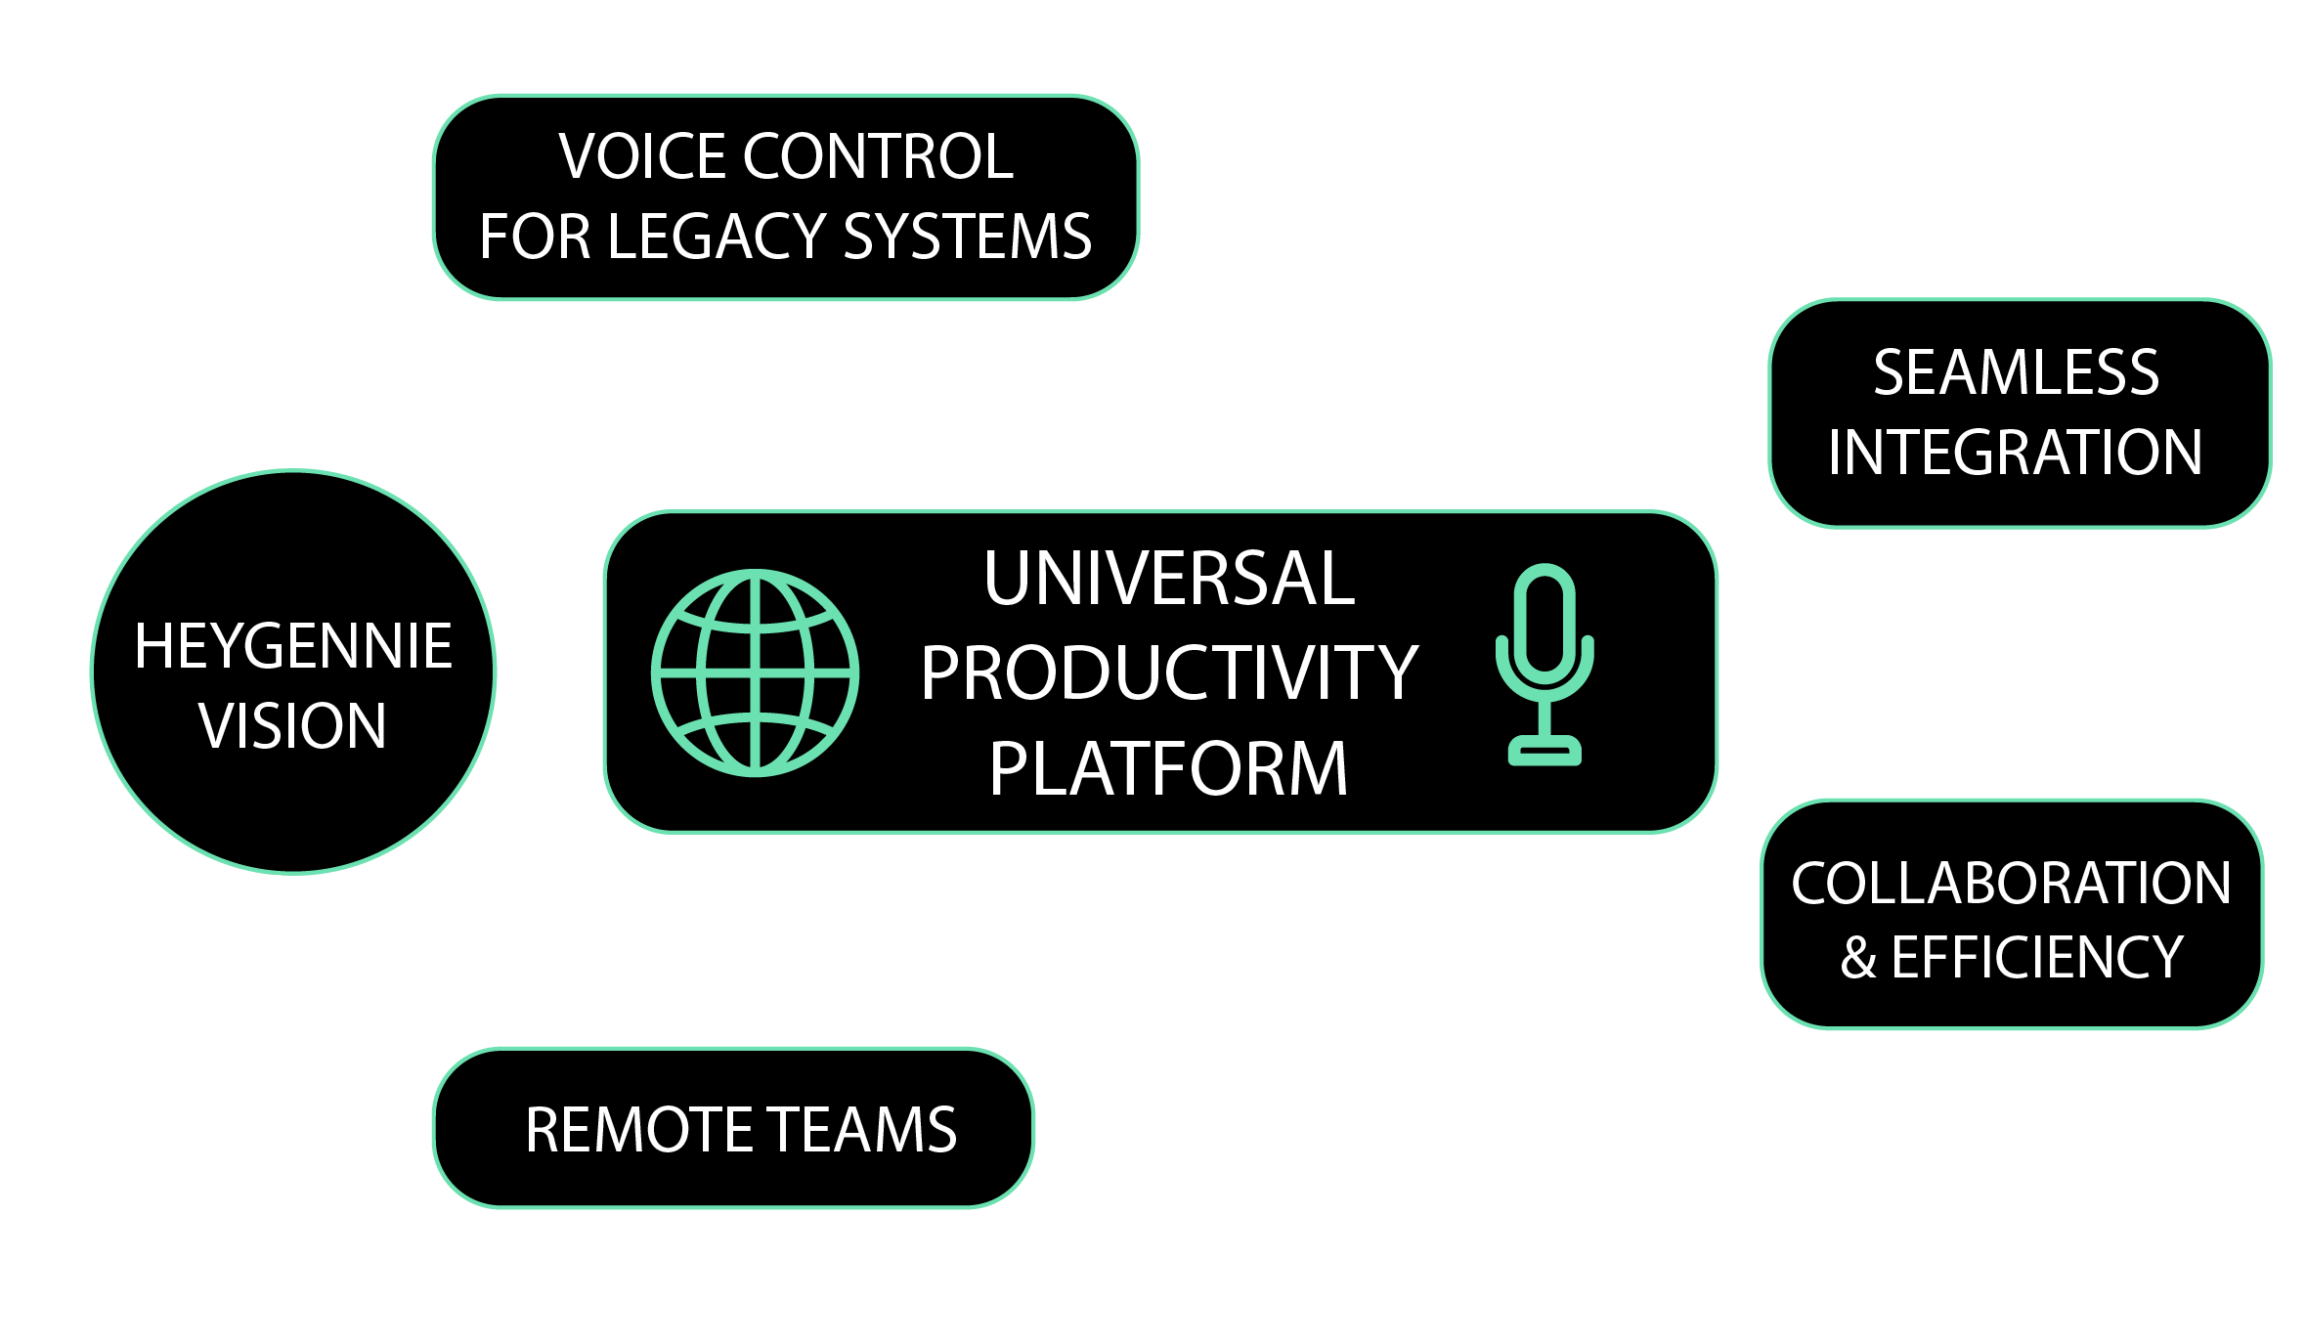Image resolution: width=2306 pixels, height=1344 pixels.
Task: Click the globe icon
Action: point(755,672)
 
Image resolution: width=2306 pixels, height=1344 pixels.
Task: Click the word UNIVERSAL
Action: point(1169,579)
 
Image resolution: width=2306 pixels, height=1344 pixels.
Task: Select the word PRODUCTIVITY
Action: point(1169,672)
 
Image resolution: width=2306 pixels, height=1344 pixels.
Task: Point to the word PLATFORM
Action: point(1169,769)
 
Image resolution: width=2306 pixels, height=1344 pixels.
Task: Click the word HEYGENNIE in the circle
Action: point(293,646)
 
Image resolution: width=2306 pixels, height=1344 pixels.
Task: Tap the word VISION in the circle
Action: point(293,726)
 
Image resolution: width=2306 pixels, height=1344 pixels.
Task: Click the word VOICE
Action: point(641,156)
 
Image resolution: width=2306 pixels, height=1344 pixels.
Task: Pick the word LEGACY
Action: point(718,237)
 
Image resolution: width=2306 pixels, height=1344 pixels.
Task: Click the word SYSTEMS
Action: point(968,237)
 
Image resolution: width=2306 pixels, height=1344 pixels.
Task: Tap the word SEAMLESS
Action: point(2016,372)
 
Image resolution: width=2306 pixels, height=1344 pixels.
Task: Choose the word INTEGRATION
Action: point(2016,453)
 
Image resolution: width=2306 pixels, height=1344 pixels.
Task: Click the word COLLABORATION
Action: point(2011,884)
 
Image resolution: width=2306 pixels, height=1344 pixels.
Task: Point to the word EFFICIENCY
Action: point(2037,958)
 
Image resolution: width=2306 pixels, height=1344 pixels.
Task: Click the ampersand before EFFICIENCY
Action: point(1858,959)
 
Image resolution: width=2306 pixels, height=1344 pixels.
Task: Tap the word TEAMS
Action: point(861,1130)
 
